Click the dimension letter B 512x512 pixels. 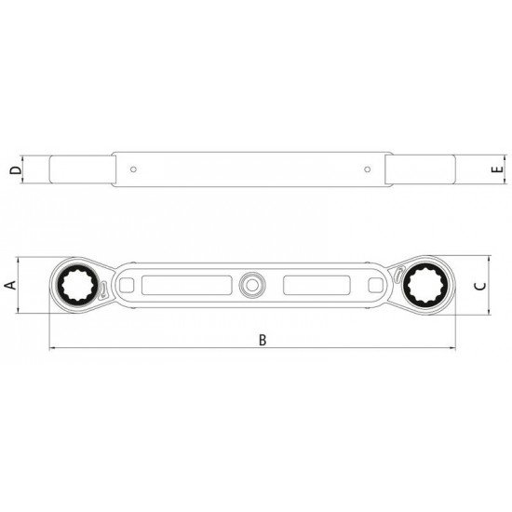[263, 340]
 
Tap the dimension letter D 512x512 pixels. [10, 170]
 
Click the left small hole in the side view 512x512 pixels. [135, 170]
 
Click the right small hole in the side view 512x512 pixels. [369, 170]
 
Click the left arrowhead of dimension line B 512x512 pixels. [52, 349]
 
